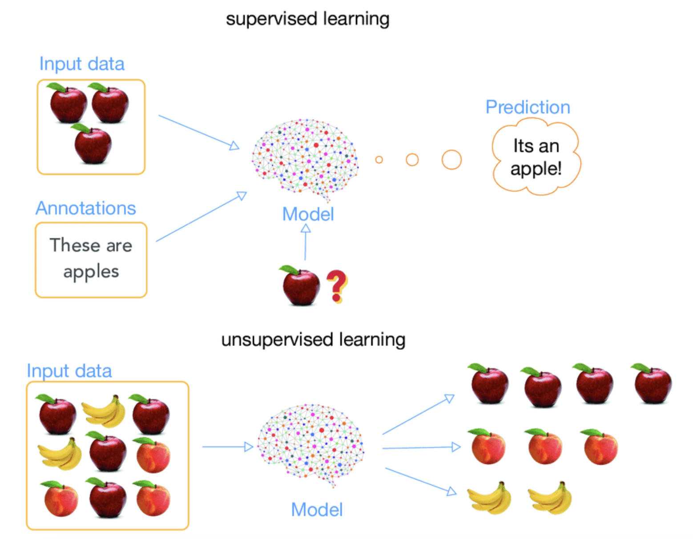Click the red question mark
tap(337, 286)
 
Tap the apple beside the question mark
tap(301, 286)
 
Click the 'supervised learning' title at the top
tap(307, 19)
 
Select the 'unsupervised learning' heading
tap(313, 340)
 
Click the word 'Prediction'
tap(528, 107)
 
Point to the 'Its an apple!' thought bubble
tap(536, 157)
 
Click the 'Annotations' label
tap(86, 208)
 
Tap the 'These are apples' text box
tap(91, 260)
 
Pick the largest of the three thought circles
tap(451, 160)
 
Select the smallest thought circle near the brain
tap(379, 160)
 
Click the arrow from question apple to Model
tap(306, 242)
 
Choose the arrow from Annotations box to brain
tap(201, 217)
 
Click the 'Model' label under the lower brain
tap(317, 510)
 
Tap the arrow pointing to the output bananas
tap(420, 481)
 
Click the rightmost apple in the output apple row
tap(653, 384)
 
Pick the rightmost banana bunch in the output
tap(551, 499)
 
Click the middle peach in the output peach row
tap(544, 447)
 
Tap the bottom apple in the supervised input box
tap(93, 145)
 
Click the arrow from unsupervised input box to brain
tap(227, 446)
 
